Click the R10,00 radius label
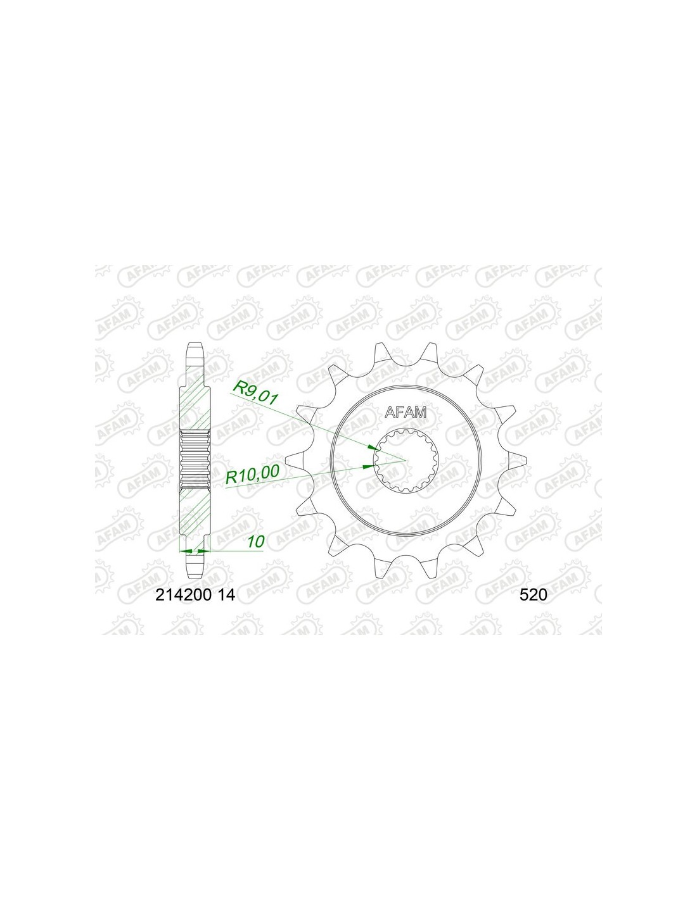coord(253,474)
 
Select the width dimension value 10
coord(255,542)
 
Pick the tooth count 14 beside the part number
coord(226,595)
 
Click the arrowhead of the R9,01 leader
coord(373,447)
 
